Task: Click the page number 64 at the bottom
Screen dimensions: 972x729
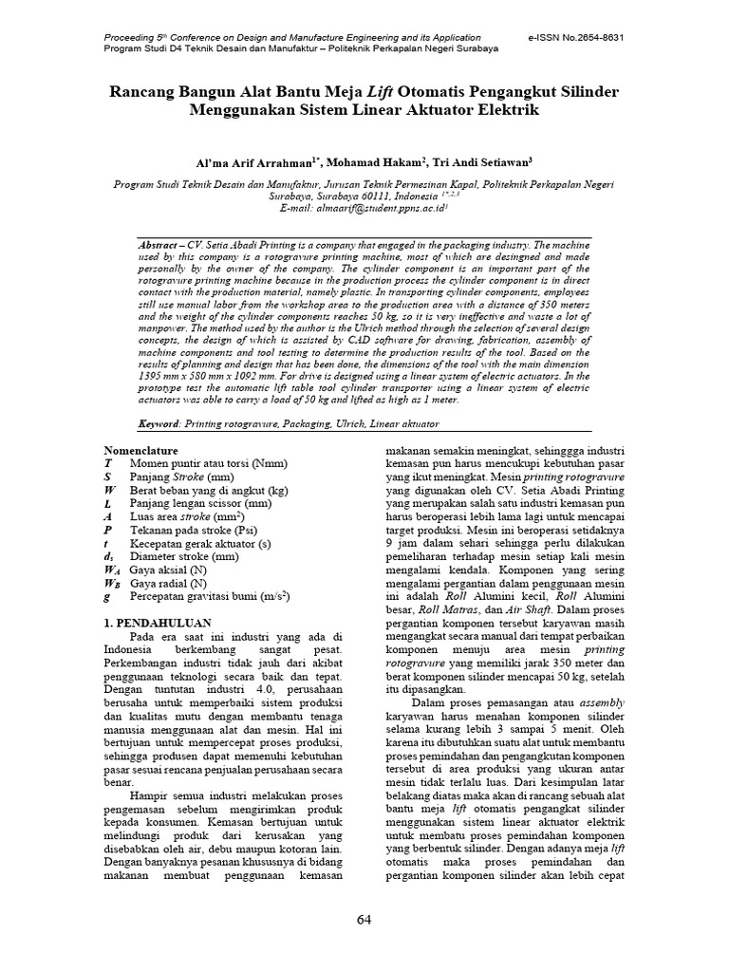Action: tap(364, 919)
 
